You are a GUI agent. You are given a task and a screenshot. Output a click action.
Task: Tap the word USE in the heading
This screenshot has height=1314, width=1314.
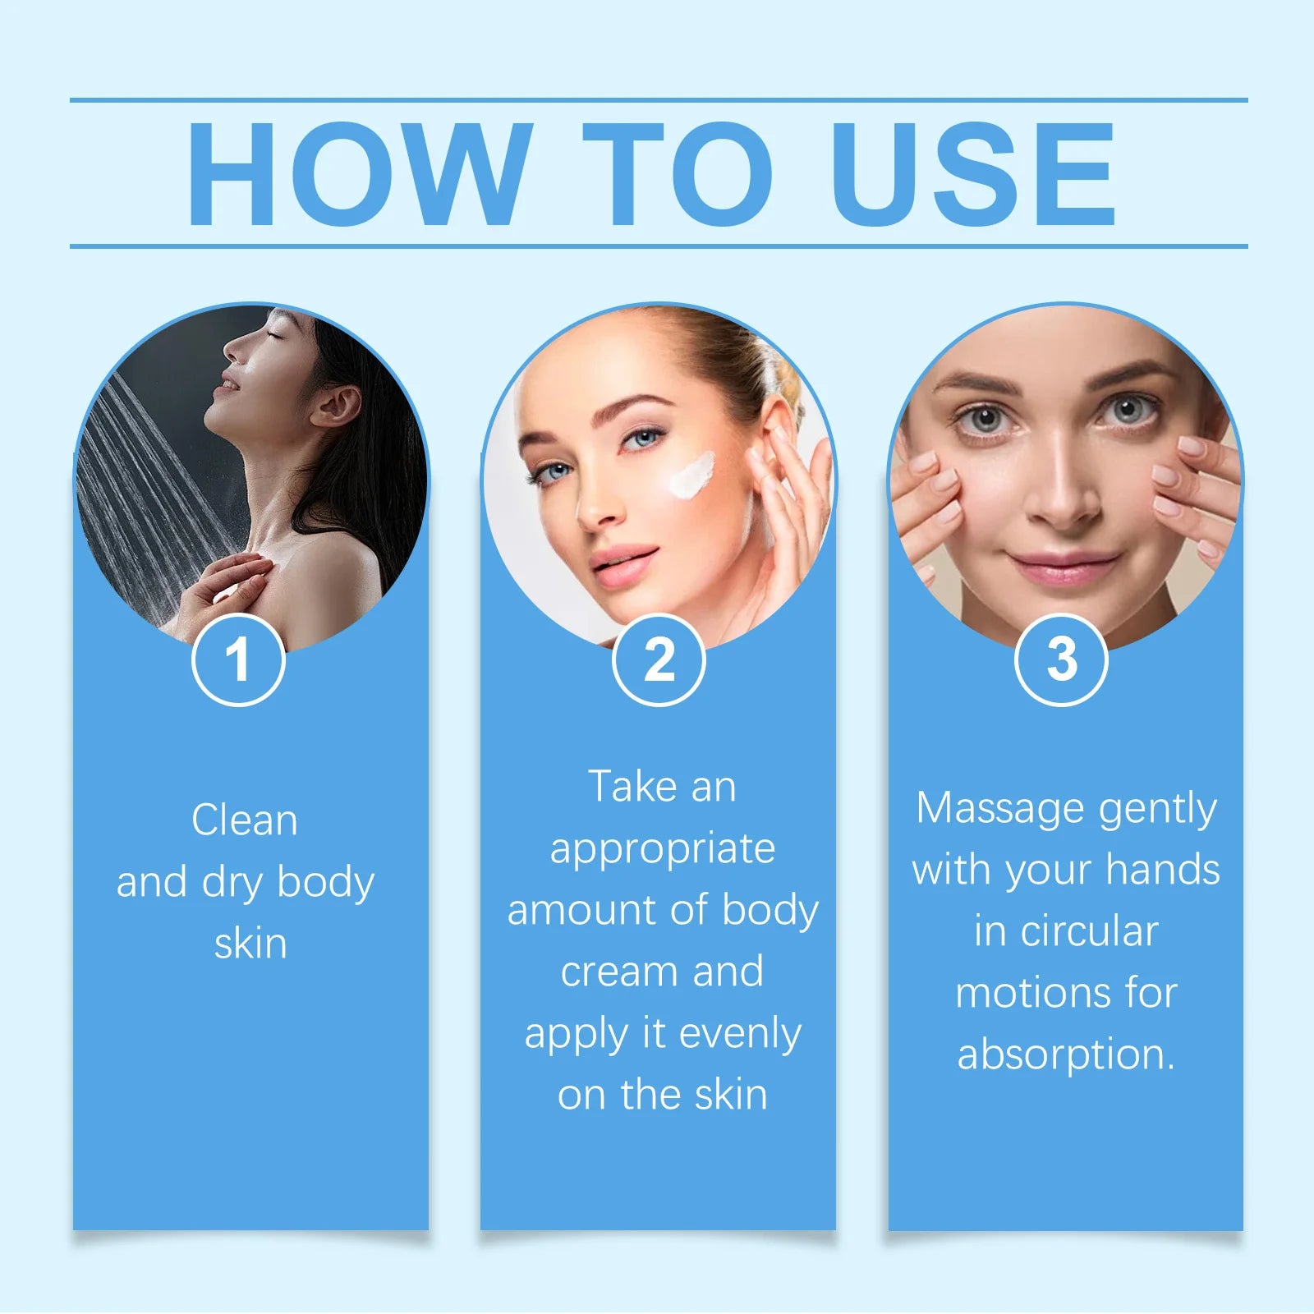coord(973,174)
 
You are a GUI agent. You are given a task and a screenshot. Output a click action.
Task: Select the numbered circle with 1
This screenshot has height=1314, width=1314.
coord(238,659)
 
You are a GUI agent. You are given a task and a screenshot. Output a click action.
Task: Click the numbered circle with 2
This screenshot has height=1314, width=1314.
coord(659,659)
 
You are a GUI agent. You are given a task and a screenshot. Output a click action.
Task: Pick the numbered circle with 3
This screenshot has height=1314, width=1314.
coord(1061,659)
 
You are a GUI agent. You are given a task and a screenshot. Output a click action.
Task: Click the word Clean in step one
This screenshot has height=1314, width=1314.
coord(245,820)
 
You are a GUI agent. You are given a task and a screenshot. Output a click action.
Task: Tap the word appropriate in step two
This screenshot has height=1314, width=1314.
coord(662,848)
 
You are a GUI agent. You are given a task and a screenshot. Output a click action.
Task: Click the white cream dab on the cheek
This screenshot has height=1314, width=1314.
coord(690,476)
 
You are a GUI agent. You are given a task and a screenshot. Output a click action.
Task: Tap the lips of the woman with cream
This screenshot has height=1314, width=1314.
coord(623,566)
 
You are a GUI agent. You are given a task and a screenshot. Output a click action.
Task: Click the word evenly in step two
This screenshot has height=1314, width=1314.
coord(739,1033)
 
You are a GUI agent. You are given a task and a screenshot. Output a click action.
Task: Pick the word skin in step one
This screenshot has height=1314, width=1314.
coord(250,944)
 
